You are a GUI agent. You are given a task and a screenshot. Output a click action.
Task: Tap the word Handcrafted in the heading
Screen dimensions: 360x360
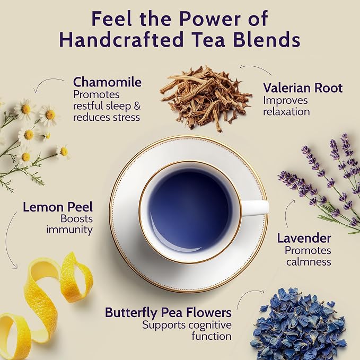121,40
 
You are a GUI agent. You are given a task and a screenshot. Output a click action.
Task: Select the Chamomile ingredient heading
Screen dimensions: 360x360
107,82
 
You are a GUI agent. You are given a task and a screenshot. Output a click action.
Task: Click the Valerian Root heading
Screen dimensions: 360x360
303,88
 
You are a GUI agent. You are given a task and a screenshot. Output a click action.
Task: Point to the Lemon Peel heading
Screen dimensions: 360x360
58,207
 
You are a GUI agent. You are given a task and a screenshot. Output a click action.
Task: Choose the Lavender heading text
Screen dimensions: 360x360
304,238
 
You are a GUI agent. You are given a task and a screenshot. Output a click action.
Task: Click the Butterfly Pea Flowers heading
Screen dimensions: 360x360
168,313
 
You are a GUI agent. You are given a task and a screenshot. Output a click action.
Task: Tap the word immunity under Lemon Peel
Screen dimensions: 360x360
69,230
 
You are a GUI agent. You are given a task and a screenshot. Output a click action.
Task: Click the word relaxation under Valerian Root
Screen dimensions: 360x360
286,112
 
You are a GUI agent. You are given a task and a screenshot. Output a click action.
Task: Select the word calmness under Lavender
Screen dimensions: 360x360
309,262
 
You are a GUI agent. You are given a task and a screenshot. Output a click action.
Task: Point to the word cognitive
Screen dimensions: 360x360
210,326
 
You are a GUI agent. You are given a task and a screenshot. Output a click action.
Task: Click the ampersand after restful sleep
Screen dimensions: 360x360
137,106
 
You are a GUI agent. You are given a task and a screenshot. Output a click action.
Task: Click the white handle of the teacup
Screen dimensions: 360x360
255,208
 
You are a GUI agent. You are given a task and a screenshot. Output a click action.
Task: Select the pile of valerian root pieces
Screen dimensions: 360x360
206,98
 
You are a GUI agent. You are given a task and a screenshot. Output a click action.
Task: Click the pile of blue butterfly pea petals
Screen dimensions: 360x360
298,324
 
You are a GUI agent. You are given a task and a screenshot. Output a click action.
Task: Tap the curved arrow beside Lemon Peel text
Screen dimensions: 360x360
9,240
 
